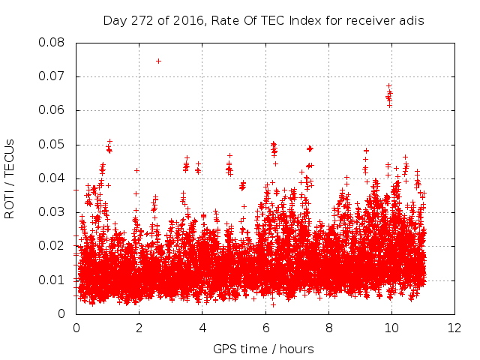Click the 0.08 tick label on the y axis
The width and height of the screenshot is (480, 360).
point(52,42)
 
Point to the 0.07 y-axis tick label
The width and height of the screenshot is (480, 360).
point(52,76)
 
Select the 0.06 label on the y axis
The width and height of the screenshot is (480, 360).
point(52,110)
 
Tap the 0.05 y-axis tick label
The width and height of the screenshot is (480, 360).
point(52,144)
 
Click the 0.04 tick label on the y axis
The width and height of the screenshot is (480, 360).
point(52,178)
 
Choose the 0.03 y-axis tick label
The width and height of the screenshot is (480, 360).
point(52,212)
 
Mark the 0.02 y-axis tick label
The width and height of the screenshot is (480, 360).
point(52,246)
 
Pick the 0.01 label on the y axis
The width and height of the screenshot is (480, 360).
point(52,280)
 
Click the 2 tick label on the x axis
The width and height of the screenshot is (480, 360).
point(139,328)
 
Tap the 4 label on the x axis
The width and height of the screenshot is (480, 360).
point(202,328)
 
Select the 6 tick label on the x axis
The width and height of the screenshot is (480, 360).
point(265,328)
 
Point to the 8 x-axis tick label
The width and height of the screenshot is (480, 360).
point(328,328)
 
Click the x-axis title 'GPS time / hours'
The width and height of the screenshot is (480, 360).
point(263,349)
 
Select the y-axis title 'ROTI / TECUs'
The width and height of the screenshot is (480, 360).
point(10,178)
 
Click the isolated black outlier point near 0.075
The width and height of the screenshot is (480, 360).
point(158,61)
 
